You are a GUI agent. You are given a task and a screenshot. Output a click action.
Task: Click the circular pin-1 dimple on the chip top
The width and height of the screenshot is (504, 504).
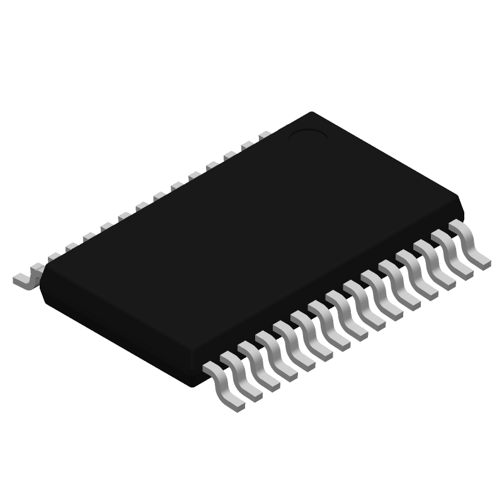click(309, 134)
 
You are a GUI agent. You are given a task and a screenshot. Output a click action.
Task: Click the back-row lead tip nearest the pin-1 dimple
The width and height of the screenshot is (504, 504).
click(265, 135)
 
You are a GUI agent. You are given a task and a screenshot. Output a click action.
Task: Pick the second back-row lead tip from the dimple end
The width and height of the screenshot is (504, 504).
click(247, 145)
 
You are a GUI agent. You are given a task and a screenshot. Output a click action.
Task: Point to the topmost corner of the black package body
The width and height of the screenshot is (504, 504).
click(312, 113)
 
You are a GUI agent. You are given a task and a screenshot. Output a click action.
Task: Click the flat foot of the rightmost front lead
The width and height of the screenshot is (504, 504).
click(482, 261)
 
